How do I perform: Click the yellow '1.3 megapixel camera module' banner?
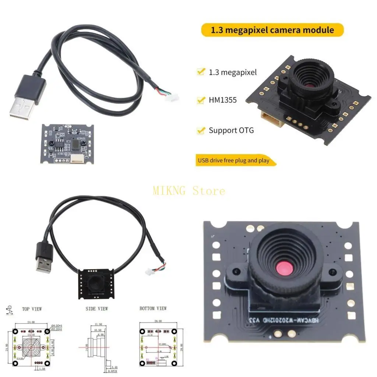pyautogui.click(x=272, y=30)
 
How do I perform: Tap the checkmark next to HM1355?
pyautogui.click(x=201, y=100)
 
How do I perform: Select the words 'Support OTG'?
pyautogui.click(x=231, y=130)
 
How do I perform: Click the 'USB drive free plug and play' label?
pyautogui.click(x=233, y=161)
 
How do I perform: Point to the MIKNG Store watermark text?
pyautogui.click(x=188, y=191)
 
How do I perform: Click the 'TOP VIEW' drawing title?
pyautogui.click(x=32, y=309)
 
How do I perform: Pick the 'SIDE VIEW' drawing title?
pyautogui.click(x=97, y=309)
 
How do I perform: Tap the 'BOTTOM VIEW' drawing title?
pyautogui.click(x=153, y=308)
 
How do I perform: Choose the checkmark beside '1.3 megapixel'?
pyautogui.click(x=201, y=72)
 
